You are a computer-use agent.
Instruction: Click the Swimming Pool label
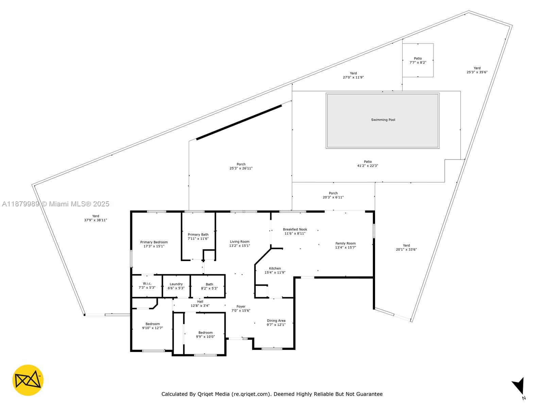(383, 120)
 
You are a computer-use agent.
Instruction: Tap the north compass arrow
(519, 388)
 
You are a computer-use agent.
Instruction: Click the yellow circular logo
(28, 380)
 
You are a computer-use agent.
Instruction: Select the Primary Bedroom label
(154, 242)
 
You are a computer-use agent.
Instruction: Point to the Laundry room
(176, 286)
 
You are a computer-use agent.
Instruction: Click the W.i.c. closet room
(147, 286)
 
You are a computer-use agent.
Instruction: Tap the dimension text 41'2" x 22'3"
(368, 166)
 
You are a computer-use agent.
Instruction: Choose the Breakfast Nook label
(295, 230)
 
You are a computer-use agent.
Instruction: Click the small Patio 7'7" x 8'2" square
(418, 60)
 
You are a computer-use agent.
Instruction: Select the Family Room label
(345, 243)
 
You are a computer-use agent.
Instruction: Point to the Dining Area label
(276, 321)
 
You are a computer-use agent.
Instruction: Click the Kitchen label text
(275, 268)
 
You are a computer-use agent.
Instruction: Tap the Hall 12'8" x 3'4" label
(200, 304)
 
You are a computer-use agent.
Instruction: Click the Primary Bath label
(198, 235)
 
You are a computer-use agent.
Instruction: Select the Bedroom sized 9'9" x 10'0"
(205, 335)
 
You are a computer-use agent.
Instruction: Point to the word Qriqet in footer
(218, 394)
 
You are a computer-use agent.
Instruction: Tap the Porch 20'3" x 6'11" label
(333, 195)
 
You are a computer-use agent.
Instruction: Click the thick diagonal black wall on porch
(239, 122)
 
